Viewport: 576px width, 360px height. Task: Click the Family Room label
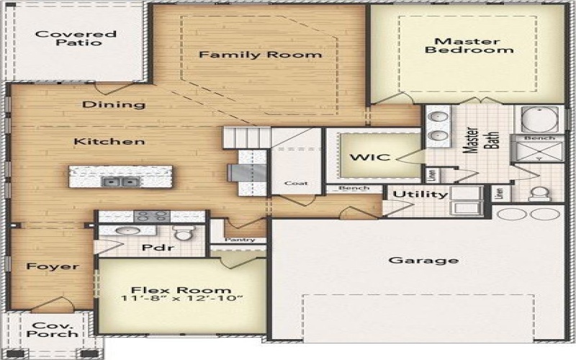click(261, 55)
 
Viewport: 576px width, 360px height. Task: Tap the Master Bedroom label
click(469, 45)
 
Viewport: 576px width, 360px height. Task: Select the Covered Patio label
click(76, 38)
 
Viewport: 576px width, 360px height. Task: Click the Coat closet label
click(295, 183)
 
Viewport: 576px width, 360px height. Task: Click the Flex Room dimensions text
click(181, 299)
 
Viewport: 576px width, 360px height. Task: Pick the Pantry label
click(237, 240)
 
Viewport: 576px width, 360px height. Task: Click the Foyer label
click(53, 266)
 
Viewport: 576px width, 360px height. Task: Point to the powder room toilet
click(183, 232)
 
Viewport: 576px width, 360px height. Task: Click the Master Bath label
click(481, 138)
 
